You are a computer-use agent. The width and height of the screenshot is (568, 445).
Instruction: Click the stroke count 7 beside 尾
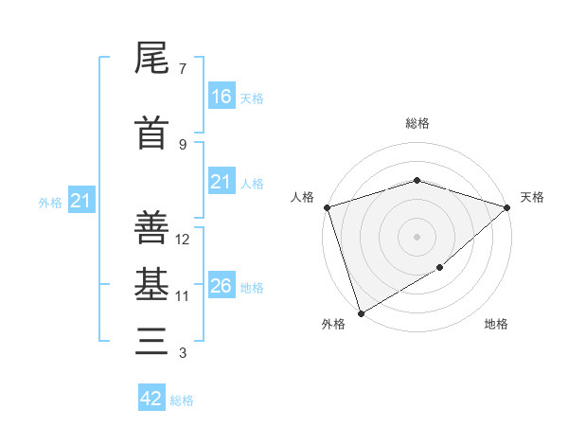tap(183, 69)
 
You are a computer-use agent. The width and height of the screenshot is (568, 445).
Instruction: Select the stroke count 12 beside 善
tap(183, 239)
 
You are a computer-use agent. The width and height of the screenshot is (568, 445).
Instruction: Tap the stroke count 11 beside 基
tap(183, 295)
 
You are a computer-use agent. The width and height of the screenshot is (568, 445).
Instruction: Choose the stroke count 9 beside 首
tap(183, 144)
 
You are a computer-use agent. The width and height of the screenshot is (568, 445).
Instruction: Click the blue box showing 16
tap(221, 96)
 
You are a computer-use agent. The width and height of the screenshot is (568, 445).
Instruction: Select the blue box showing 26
tap(221, 285)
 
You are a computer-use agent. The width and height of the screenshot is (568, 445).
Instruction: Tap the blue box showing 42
tap(151, 398)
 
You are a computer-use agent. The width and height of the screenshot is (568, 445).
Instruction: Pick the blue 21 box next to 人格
tap(221, 182)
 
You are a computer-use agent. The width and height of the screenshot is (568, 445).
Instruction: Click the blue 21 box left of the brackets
tap(80, 200)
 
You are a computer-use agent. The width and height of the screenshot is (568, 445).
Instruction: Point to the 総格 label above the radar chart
tap(417, 123)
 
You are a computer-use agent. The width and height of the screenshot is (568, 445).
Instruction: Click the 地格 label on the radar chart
tap(496, 324)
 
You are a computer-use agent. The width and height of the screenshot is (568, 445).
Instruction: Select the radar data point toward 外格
tap(361, 312)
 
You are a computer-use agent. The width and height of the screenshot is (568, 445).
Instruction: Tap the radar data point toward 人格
tap(327, 207)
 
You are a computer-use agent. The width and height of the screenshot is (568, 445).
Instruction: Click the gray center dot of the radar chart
tap(417, 236)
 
